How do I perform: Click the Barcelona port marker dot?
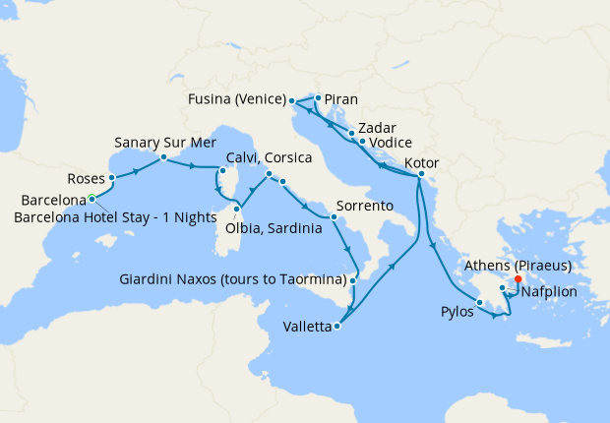tap(91, 198)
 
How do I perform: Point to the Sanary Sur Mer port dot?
tap(162, 157)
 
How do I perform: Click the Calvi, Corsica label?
tap(270, 157)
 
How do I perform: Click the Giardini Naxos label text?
tap(236, 278)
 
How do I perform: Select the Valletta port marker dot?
tap(337, 326)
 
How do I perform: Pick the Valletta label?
tap(306, 327)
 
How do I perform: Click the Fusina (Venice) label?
tap(237, 99)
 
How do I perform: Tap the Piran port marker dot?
tap(318, 98)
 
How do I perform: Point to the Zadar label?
tap(378, 128)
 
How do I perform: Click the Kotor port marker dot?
tap(420, 176)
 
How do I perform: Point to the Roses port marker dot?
tap(113, 178)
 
